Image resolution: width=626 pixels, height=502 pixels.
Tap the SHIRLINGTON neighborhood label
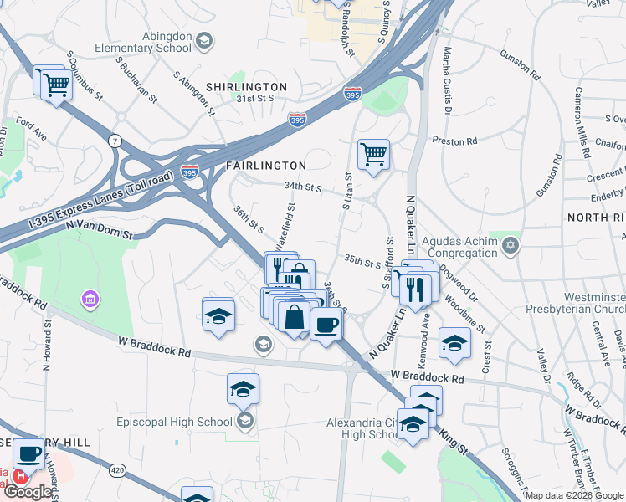click(x=247, y=87)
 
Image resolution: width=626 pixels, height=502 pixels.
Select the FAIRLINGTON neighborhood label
click(x=266, y=166)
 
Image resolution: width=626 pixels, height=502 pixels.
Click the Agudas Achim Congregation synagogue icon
click(x=511, y=245)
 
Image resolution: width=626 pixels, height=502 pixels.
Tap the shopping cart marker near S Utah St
click(x=372, y=154)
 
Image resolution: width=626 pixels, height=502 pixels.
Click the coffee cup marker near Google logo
click(x=28, y=453)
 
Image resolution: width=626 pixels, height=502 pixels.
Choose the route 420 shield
click(x=117, y=472)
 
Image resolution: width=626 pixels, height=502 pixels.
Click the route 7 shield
click(x=113, y=141)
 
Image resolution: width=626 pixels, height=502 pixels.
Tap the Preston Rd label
click(x=454, y=141)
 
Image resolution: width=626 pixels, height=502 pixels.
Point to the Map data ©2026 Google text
click(x=574, y=495)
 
